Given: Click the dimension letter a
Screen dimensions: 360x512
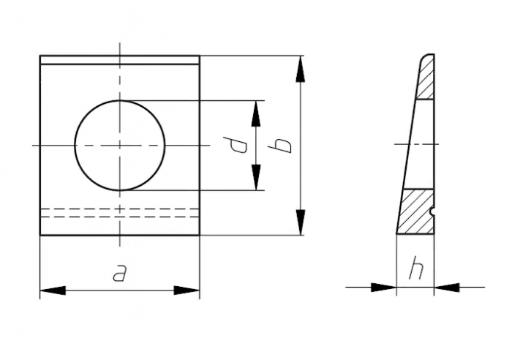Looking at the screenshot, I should tap(119, 274).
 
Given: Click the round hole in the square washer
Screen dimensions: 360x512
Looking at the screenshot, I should tap(120, 145).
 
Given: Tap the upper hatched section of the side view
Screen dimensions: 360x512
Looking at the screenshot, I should tap(425, 80).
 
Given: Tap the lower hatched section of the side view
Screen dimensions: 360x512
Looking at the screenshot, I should tap(417, 212).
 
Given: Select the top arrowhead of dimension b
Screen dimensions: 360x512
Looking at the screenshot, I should tap(300, 68).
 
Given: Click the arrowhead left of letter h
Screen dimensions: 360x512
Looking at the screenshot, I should tap(383, 287).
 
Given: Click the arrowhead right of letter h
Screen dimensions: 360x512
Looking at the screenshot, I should tap(447, 287).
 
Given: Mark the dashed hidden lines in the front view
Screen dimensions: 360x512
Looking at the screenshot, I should tap(119, 213).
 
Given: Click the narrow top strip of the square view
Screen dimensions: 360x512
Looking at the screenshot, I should tap(119, 60).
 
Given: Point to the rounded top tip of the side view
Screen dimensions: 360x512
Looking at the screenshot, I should tap(427, 56).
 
